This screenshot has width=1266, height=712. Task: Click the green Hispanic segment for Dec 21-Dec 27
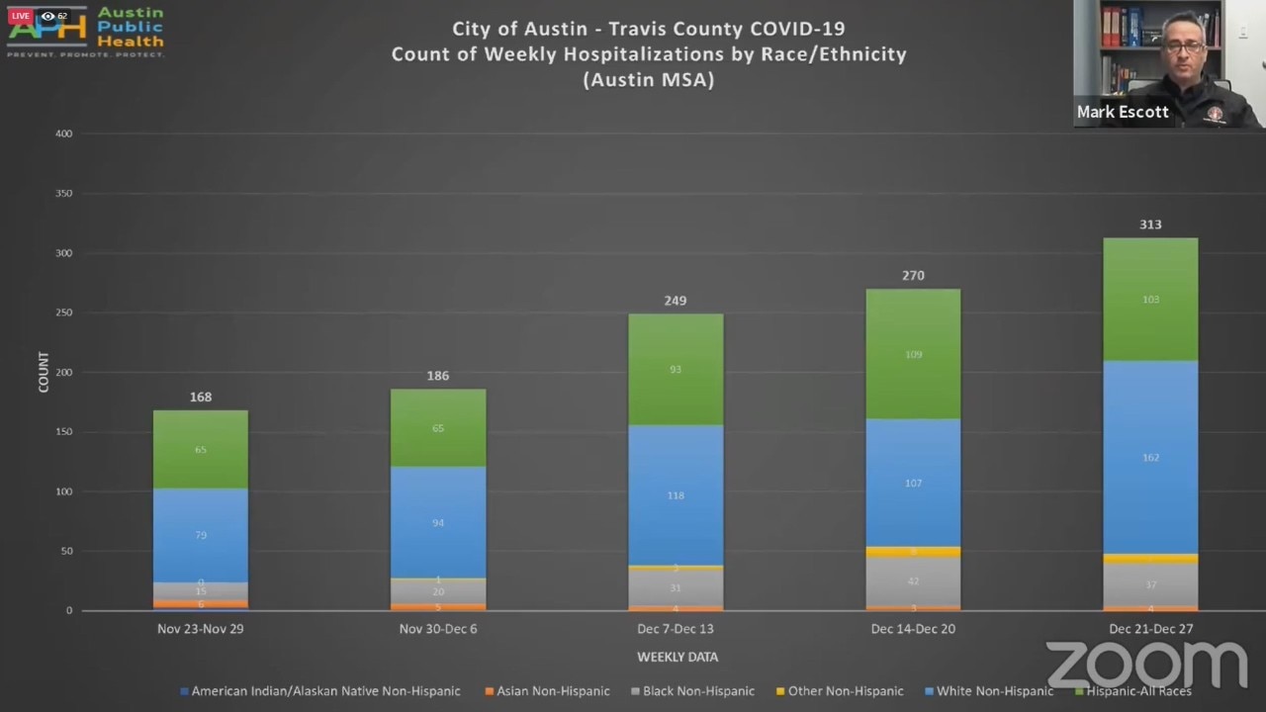coord(1150,300)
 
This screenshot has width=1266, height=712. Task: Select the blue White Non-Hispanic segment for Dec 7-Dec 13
coord(676,494)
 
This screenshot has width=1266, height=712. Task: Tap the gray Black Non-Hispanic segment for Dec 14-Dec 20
coord(913,581)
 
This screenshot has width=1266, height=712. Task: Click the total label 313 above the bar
coord(1150,224)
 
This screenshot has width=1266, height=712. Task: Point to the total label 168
coord(201,397)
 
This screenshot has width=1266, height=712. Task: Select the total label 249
coord(676,301)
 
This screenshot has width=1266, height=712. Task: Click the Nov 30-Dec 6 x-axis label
coord(438,629)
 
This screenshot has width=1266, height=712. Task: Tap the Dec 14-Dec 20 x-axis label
coord(913,629)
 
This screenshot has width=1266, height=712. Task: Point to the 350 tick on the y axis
coord(63,194)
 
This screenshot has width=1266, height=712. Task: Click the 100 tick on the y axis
coord(63,491)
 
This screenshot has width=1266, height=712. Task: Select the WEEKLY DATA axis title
coord(678,657)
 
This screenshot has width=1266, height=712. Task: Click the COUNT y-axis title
coord(44,372)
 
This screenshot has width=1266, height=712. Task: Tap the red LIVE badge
coord(20,16)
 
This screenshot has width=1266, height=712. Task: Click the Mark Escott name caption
coord(1123,112)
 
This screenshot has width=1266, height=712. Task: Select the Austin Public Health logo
coord(86,31)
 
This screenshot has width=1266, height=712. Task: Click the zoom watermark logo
coord(1146,665)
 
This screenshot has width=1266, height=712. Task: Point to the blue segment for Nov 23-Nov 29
coord(201,535)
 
